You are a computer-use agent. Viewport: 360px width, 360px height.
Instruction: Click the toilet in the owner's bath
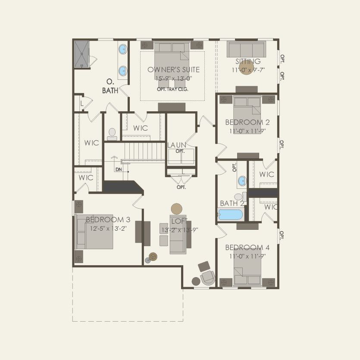[112, 134]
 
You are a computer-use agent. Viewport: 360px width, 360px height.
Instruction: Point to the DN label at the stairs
[119, 169]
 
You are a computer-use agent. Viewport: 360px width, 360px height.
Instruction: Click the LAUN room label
[176, 145]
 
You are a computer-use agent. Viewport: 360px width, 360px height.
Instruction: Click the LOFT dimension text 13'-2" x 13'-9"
[179, 230]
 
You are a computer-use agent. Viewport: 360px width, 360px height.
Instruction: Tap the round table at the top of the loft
[177, 209]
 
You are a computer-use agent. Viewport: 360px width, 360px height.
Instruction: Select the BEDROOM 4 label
[247, 247]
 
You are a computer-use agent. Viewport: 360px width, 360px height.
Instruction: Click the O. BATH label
[110, 86]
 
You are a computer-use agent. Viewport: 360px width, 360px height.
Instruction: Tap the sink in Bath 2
[241, 181]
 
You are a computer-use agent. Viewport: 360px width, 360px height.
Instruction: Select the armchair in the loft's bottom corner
[207, 277]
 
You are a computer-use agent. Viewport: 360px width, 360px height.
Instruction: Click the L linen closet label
[81, 103]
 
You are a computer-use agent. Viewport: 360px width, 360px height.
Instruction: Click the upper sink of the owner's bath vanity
[123, 49]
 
